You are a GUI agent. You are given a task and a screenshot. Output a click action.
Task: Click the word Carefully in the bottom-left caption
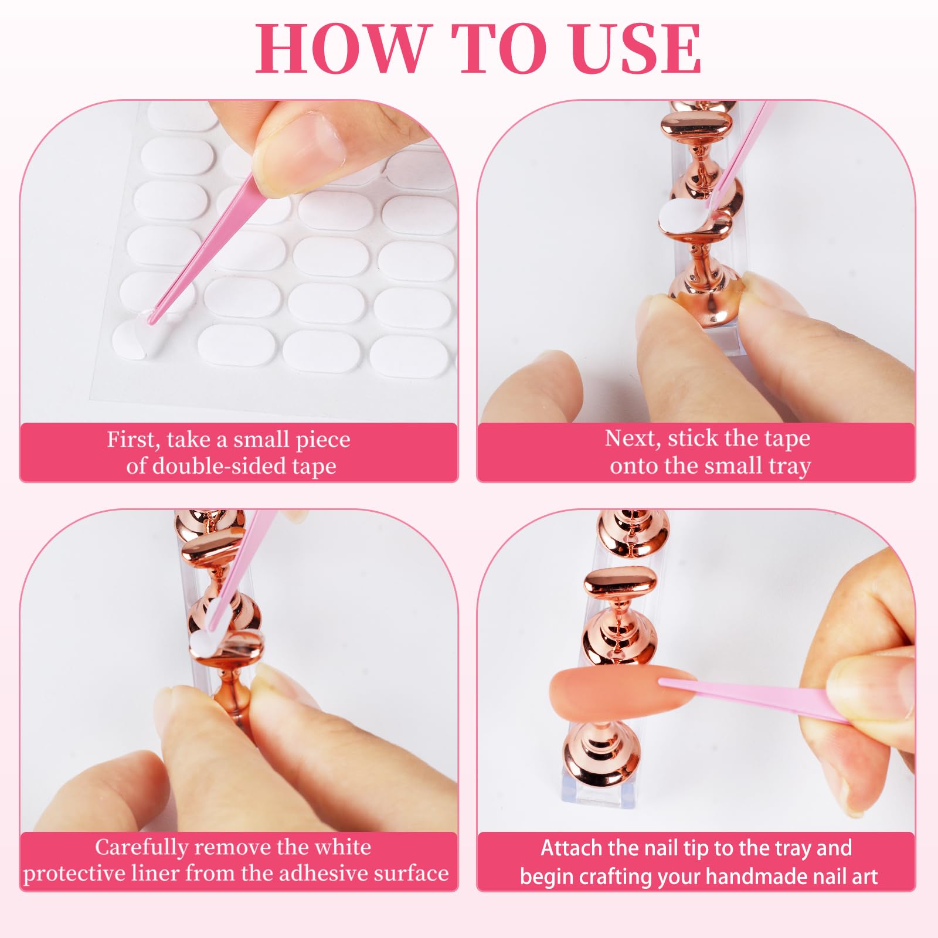141,848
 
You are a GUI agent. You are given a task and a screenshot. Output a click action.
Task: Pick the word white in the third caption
343,847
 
